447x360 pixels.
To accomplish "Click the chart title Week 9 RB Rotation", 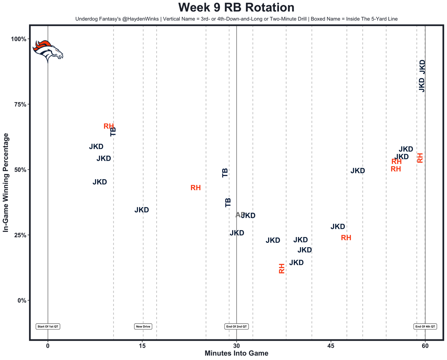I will tap(236, 7).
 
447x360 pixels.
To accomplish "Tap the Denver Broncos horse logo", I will tap(48, 51).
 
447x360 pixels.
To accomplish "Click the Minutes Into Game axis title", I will tap(236, 353).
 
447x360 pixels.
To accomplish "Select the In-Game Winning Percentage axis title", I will tap(6, 182).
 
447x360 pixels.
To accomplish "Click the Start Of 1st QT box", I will tap(48, 326).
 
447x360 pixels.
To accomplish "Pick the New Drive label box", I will tap(143, 326).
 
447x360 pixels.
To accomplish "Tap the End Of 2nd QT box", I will tap(236, 326).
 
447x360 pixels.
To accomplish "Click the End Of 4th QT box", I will tap(425, 326).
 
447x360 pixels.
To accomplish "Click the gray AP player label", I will tap(240, 215).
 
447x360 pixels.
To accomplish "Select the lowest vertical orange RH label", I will tap(282, 268).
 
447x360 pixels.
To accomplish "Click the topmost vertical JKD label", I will tap(422, 67).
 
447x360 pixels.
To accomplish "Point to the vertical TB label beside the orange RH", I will tap(113, 131).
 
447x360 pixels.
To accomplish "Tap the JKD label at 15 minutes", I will tap(142, 210).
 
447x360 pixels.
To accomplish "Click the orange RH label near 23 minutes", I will tap(196, 188).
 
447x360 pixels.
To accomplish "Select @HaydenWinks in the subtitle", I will tap(140, 19).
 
